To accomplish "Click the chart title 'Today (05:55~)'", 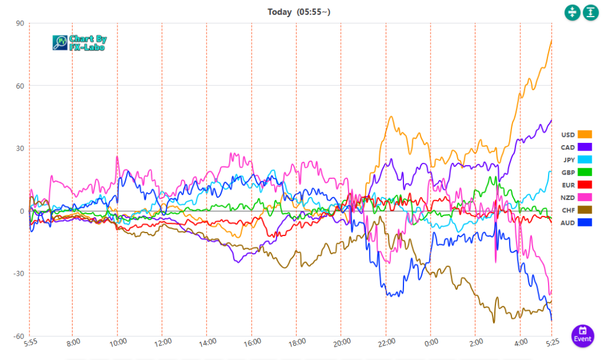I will click(x=301, y=12).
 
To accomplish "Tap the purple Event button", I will click(x=582, y=335).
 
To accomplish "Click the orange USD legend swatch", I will click(x=585, y=135).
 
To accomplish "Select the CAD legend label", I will click(x=568, y=147).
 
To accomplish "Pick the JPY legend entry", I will click(x=568, y=159).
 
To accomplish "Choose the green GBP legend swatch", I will click(x=585, y=172).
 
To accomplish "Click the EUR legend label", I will click(x=568, y=185).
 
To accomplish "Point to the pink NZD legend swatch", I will click(x=585, y=197).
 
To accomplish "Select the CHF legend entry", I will click(x=568, y=210).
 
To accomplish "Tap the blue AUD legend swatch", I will click(x=585, y=222).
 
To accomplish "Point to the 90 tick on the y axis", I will click(x=19, y=24).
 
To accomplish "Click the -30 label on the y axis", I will click(x=18, y=274).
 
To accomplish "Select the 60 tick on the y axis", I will click(x=19, y=86).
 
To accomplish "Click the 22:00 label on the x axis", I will click(x=386, y=342).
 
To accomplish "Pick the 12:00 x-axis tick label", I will click(x=162, y=342).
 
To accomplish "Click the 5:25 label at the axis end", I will click(x=552, y=342).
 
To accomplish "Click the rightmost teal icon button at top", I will click(x=590, y=12).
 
